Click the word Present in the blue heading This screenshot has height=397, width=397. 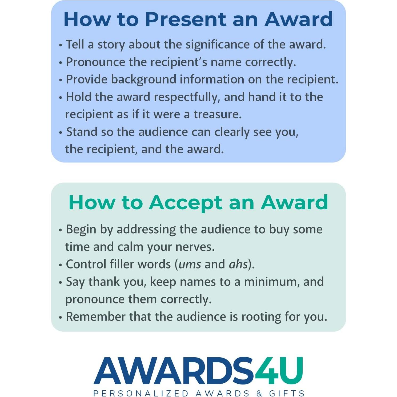point(186,19)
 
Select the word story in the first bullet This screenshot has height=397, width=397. point(111,45)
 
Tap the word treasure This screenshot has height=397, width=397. point(217,115)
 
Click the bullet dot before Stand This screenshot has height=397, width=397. point(61,133)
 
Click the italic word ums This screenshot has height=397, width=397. point(190,264)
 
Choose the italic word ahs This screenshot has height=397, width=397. point(238,264)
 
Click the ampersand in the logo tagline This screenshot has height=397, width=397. point(259,393)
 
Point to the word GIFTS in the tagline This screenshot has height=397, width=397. point(287,393)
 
